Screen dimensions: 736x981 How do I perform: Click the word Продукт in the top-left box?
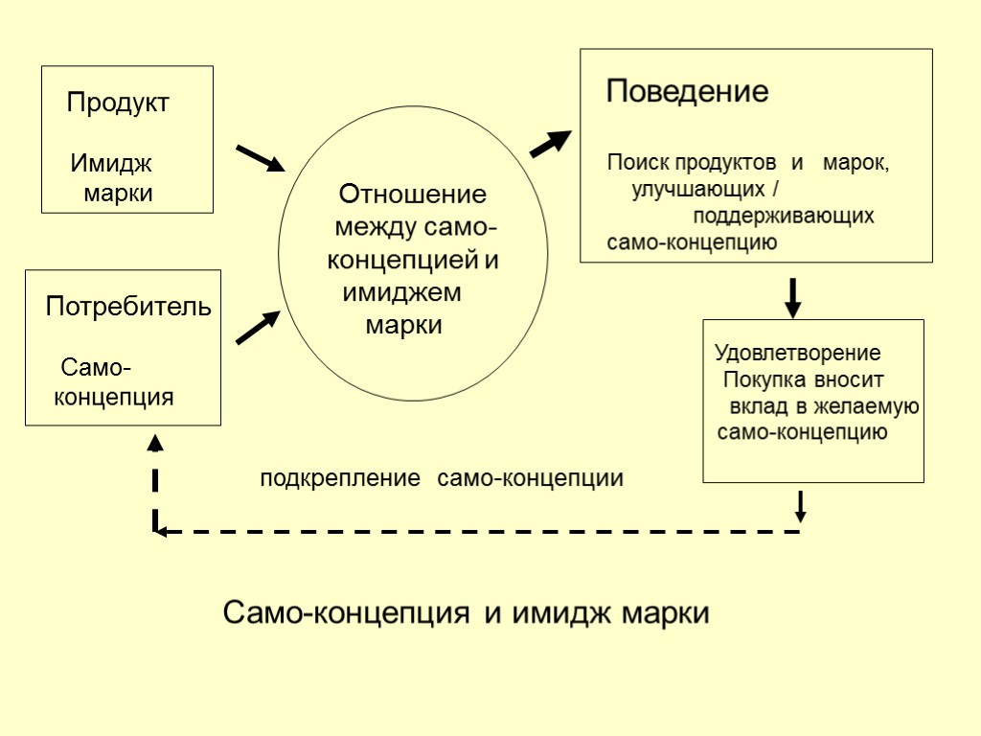(x=118, y=103)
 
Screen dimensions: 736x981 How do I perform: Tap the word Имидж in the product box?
(x=111, y=164)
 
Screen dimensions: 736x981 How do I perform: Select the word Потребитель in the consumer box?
(x=128, y=308)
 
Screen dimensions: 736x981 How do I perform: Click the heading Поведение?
(x=688, y=93)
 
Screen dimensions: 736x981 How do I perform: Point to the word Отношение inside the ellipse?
(x=413, y=195)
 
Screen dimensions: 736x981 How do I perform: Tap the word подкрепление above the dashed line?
(x=340, y=478)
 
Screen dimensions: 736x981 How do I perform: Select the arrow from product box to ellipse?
(x=260, y=158)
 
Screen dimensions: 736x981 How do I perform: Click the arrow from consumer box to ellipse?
(x=258, y=328)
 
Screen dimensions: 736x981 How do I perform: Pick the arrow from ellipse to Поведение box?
(x=550, y=145)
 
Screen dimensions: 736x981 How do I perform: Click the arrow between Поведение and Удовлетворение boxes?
(x=792, y=297)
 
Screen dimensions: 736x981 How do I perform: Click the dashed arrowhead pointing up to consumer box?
(x=155, y=443)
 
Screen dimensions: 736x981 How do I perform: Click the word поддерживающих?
(x=784, y=216)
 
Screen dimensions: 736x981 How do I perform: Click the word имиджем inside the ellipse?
(x=401, y=292)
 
